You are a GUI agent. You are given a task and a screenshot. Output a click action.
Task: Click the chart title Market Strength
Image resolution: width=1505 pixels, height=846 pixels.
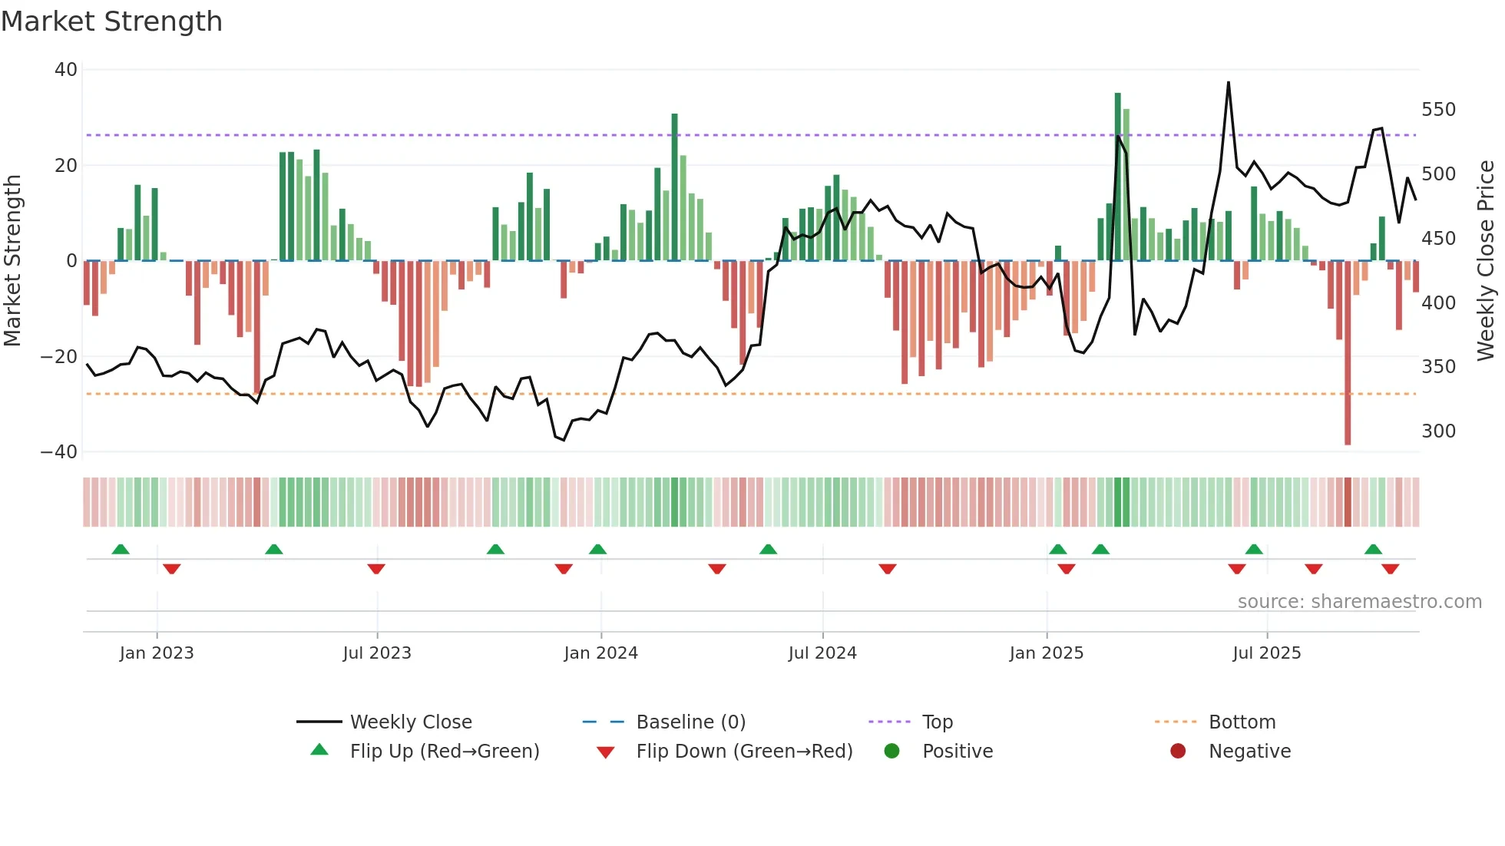[111, 21]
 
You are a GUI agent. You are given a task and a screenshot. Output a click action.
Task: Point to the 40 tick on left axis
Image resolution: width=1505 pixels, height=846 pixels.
[66, 70]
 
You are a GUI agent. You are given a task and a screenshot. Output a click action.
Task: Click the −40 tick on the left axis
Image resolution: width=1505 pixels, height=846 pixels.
[59, 452]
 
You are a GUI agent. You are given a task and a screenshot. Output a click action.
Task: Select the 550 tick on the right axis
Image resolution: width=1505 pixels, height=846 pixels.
[1438, 110]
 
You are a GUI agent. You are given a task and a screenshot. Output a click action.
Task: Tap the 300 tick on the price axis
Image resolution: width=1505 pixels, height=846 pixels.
[1438, 431]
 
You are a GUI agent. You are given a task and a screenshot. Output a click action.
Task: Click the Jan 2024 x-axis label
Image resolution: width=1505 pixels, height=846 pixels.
[600, 653]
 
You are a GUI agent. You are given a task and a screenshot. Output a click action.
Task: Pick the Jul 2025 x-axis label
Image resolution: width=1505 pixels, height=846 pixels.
[1266, 653]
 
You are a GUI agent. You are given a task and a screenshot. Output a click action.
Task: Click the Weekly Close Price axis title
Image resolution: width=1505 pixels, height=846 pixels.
[1486, 261]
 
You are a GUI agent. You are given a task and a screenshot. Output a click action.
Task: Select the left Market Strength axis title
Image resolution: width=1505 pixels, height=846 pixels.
[13, 261]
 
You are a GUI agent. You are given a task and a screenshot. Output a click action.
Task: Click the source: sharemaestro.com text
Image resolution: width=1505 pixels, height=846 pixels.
[1359, 602]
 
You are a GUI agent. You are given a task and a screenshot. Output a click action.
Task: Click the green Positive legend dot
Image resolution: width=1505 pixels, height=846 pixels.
[891, 752]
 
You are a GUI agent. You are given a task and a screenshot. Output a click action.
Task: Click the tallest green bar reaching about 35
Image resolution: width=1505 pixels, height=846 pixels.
[1118, 177]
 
